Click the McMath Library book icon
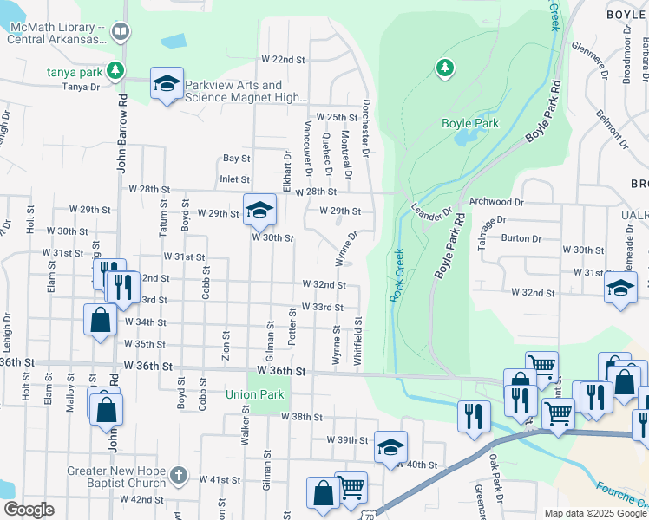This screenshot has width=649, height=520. click(120, 32)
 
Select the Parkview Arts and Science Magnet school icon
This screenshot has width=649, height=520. click(167, 84)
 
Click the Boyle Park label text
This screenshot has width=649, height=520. click(470, 124)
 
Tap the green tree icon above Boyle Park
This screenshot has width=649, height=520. click(444, 67)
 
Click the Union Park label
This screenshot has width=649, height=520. click(255, 394)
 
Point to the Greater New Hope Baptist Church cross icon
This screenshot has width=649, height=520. click(178, 475)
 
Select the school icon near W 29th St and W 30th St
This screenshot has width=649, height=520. click(259, 211)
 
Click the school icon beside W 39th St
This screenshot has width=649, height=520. click(390, 448)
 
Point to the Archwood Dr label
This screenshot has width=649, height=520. click(497, 202)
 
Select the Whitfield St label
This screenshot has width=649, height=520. click(357, 334)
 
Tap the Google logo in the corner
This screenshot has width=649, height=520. click(29, 510)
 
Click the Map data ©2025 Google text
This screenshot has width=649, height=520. click(595, 513)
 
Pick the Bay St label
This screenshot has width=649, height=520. click(236, 159)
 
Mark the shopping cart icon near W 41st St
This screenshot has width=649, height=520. click(351, 488)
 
